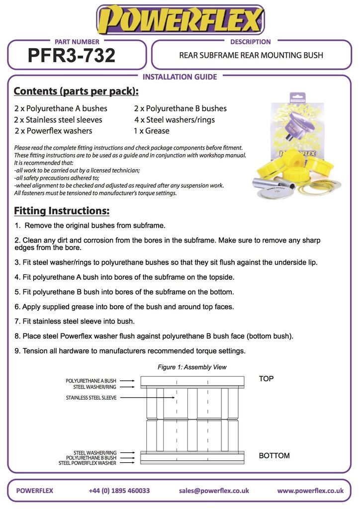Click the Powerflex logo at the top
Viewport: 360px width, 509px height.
click(x=180, y=20)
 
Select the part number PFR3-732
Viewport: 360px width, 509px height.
click(x=72, y=55)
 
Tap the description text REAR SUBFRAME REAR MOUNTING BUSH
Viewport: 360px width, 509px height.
click(x=251, y=55)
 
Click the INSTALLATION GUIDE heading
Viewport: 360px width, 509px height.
click(x=180, y=77)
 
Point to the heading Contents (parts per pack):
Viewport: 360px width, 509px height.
click(x=76, y=91)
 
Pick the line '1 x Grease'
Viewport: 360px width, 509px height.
click(x=152, y=131)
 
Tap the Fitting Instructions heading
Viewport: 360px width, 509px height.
click(x=62, y=211)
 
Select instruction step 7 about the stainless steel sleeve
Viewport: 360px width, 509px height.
click(x=75, y=321)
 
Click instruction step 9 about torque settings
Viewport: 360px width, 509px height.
click(x=130, y=351)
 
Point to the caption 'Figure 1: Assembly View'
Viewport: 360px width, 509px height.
click(x=192, y=367)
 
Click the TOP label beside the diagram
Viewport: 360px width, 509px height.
click(x=266, y=379)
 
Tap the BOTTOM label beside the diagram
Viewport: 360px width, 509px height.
click(x=274, y=456)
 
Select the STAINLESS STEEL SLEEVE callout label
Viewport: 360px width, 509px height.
click(x=91, y=398)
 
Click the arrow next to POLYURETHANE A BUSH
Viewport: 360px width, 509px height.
click(x=127, y=381)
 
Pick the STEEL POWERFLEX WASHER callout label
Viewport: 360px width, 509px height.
click(x=88, y=463)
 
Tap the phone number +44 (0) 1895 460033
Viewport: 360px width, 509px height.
click(x=119, y=491)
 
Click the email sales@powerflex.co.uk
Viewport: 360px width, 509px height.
click(x=214, y=491)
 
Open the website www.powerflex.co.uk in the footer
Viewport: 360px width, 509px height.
click(x=310, y=491)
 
